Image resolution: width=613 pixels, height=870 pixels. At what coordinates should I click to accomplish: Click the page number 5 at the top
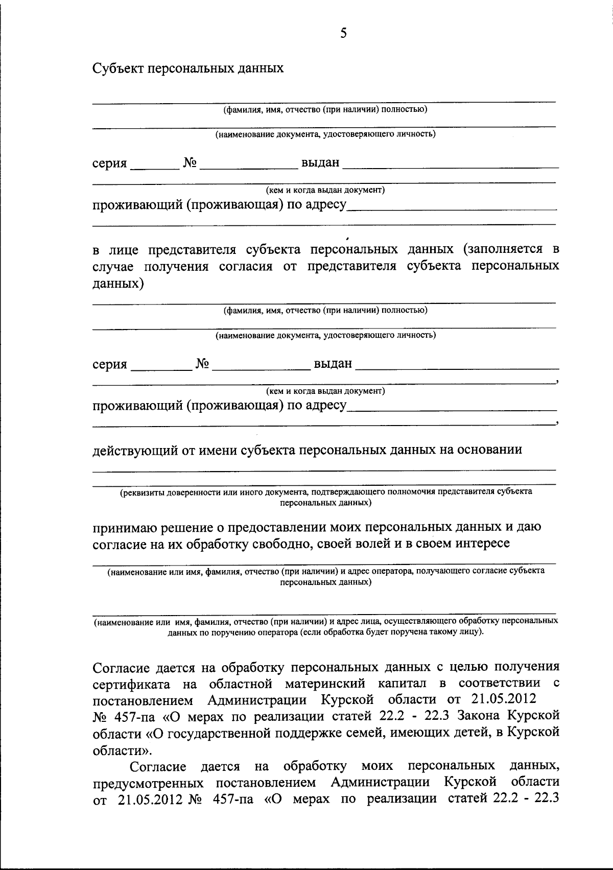(343, 33)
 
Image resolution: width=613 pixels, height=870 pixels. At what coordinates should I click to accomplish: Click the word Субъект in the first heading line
(117, 68)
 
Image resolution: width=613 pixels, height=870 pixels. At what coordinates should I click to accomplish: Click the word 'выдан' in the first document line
(320, 163)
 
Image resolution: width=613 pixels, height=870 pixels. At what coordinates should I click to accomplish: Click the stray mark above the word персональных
(347, 238)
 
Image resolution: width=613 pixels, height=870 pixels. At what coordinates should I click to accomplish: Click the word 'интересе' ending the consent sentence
(483, 543)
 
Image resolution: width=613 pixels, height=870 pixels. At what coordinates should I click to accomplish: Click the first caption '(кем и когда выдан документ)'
(325, 190)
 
